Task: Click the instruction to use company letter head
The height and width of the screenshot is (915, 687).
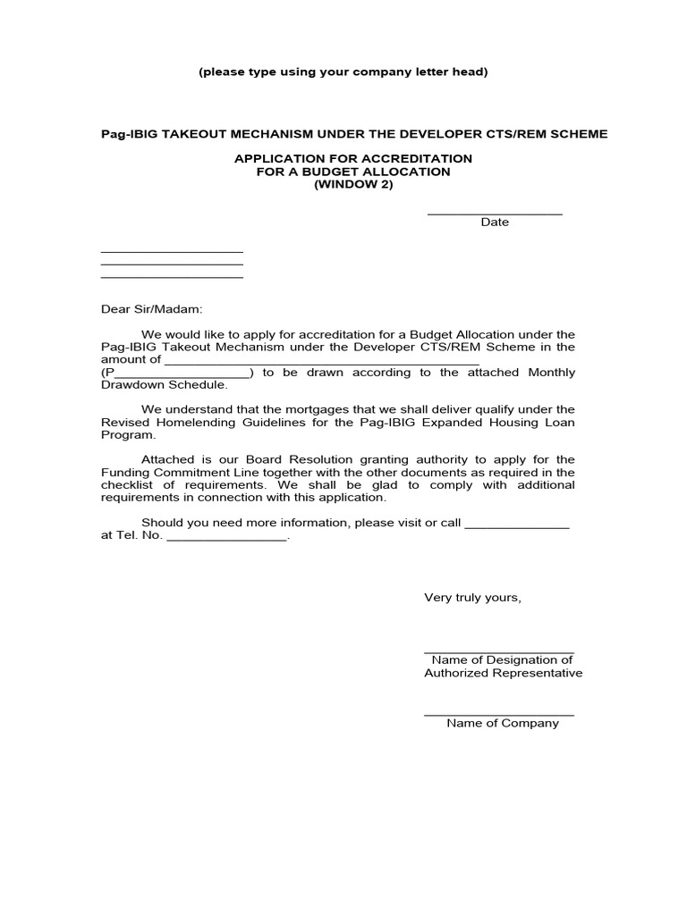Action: (343, 71)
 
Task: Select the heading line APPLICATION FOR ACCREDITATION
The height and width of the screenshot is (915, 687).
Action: (352, 158)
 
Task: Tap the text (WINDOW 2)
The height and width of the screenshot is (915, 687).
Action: (352, 184)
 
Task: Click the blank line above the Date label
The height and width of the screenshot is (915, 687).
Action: (495, 214)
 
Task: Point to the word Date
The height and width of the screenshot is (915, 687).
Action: (495, 222)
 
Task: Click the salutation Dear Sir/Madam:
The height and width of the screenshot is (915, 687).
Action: (152, 309)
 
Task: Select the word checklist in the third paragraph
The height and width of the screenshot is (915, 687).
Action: (128, 485)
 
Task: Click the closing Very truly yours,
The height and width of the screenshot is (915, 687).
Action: (472, 597)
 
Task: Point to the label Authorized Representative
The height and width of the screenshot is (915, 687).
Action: (503, 673)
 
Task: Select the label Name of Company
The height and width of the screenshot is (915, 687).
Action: (503, 723)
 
